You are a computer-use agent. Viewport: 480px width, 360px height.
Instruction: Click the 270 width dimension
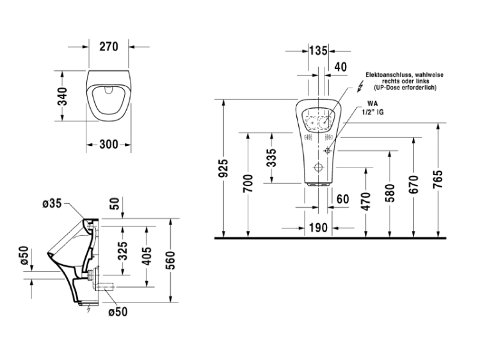[x=109, y=47]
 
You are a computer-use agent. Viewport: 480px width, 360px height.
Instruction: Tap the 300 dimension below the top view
[x=109, y=145]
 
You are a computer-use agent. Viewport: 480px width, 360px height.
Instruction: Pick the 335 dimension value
[x=271, y=158]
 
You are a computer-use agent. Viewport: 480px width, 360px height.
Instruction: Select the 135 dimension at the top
[x=318, y=51]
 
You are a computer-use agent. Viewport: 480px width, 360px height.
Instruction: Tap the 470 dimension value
[x=366, y=201]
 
